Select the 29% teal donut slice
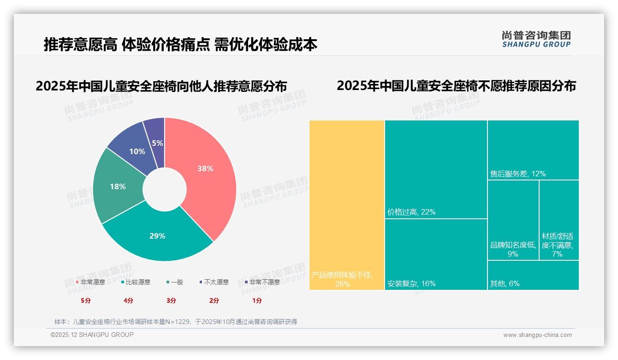(x=157, y=236)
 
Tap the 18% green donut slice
(x=118, y=186)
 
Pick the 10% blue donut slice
(x=137, y=151)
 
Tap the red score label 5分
(x=86, y=300)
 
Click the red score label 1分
(x=257, y=300)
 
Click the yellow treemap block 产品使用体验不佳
(x=347, y=205)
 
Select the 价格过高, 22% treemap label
(x=411, y=212)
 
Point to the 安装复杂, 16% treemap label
(x=411, y=283)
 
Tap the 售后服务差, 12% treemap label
(x=518, y=174)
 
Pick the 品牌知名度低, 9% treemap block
(x=513, y=220)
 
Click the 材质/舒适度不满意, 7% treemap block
(x=559, y=220)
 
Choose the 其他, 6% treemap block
(x=533, y=276)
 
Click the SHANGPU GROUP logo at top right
(x=536, y=39)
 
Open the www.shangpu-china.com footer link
(x=537, y=335)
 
